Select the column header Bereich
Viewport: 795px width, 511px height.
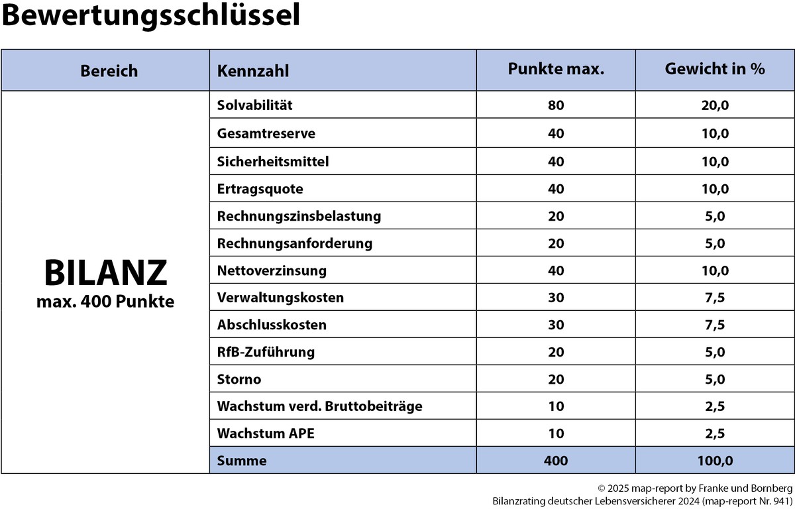109,70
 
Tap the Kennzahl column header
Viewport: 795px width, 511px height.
253,70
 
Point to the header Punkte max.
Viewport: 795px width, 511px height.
556,69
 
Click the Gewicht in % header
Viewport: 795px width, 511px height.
715,69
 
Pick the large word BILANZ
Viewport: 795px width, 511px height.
105,273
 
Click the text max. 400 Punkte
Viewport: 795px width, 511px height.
105,302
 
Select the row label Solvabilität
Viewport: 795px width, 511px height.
254,105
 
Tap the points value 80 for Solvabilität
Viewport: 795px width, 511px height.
556,105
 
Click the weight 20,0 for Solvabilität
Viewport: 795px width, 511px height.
715,105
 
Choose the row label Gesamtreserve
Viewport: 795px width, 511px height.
266,133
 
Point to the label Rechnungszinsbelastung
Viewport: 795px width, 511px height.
299,216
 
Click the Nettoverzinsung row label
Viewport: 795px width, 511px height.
272,270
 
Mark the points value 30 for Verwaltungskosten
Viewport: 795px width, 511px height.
556,298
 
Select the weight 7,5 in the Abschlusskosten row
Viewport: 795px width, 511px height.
715,325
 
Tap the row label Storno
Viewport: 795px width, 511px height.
239,379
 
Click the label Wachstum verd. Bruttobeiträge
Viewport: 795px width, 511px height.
319,406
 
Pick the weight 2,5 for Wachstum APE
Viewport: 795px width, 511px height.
715,433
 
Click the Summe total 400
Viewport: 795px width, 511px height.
556,460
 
